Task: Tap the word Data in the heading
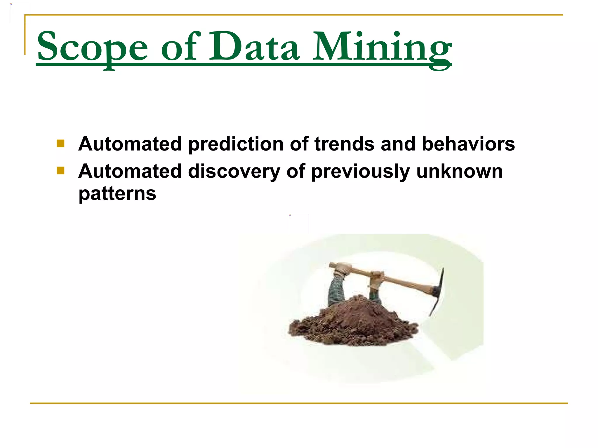[x=254, y=47]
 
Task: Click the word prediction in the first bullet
[x=236, y=144]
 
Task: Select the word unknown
[x=460, y=171]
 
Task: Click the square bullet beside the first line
[x=60, y=143]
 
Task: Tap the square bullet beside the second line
[x=60, y=171]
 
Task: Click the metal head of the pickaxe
[x=438, y=292]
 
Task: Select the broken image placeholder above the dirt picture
[x=299, y=224]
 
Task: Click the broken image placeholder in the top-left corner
[x=20, y=13]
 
